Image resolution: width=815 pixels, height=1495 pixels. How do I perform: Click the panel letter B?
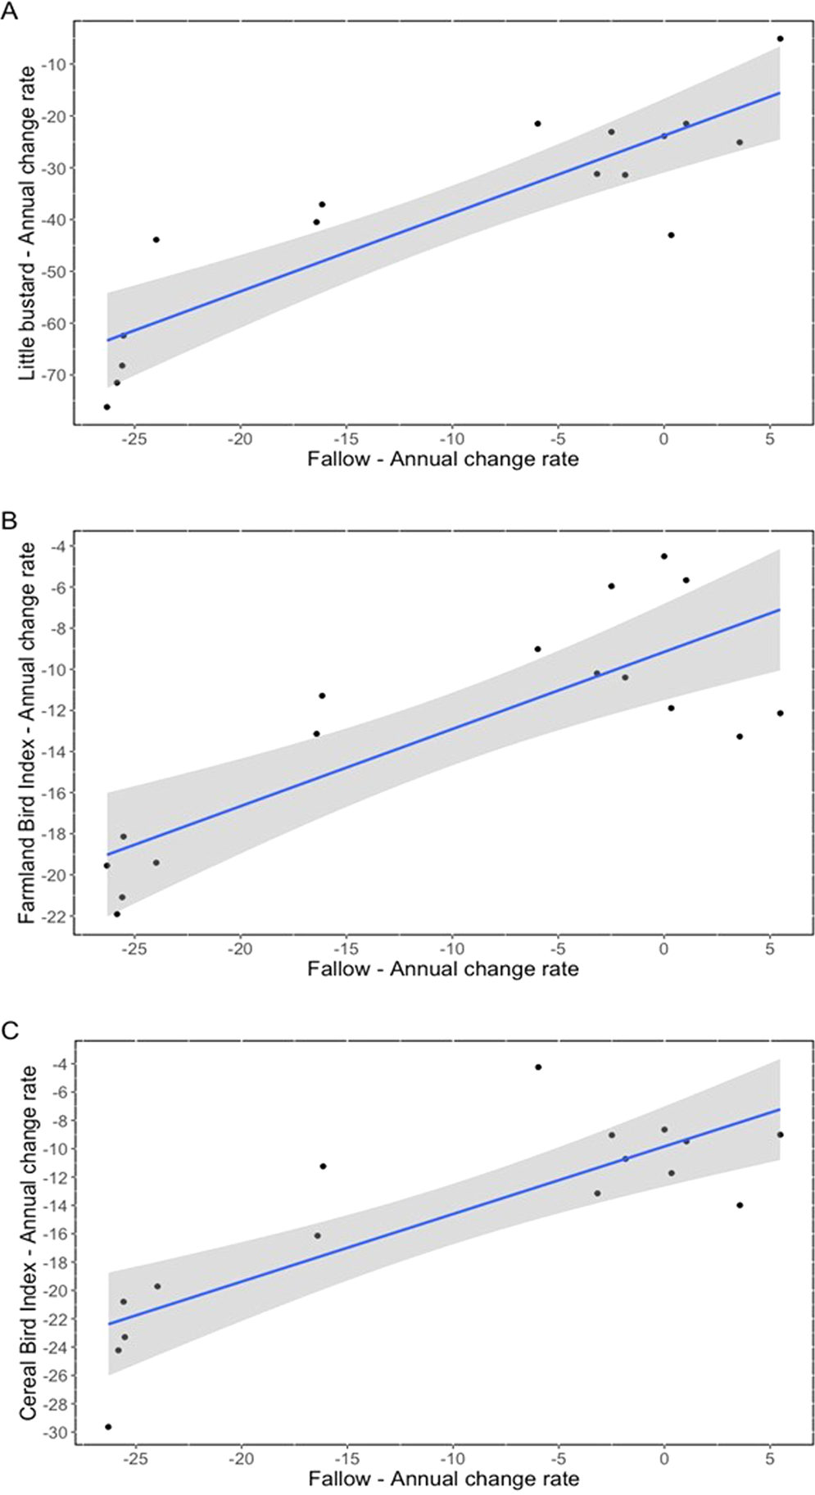tap(9, 521)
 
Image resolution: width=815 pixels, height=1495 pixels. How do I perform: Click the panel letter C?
tap(9, 1031)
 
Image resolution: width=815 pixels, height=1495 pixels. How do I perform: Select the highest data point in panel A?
tap(780, 39)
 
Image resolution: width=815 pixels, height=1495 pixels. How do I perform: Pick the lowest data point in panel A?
tap(106, 407)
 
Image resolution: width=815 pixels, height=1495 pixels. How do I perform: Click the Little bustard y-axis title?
tap(27, 223)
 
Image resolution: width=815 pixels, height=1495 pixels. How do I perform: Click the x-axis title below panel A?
tap(442, 459)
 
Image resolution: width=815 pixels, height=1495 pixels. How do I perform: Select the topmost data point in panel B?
tap(664, 556)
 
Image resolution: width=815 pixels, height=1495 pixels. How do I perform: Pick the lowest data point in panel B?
tap(116, 914)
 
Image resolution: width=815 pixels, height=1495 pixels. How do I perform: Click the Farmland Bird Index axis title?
tap(27, 733)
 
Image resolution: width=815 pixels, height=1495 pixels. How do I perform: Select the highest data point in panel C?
tap(538, 1067)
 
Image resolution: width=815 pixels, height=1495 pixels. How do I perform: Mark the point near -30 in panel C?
tap(108, 1427)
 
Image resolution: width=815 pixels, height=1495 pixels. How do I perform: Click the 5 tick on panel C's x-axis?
tap(769, 1459)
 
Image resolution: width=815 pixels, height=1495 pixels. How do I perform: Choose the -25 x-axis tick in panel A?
tap(134, 438)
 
